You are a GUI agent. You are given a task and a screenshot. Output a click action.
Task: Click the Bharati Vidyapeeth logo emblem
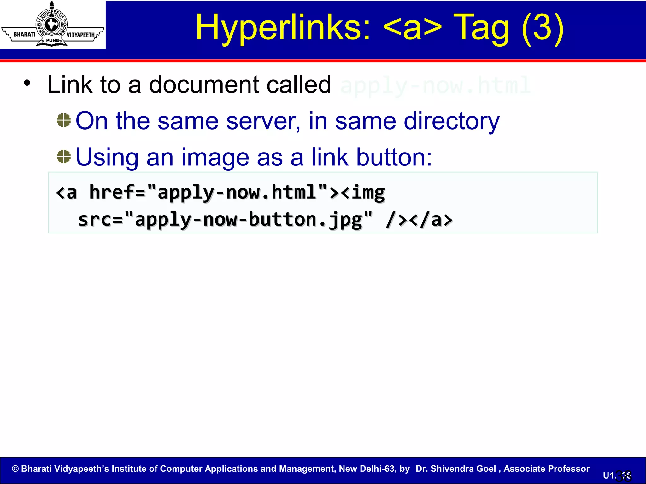pyautogui.click(x=52, y=25)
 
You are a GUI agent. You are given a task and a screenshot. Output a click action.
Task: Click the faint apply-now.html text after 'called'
pyautogui.click(x=435, y=85)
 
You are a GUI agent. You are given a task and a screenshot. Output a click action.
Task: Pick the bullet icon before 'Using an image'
pyautogui.click(x=64, y=157)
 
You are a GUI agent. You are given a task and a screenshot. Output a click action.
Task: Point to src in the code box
pyautogui.click(x=95, y=219)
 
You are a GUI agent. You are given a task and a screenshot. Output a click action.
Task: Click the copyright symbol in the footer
pyautogui.click(x=15, y=469)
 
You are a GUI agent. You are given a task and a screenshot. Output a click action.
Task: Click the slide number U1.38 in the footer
pyautogui.click(x=617, y=475)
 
